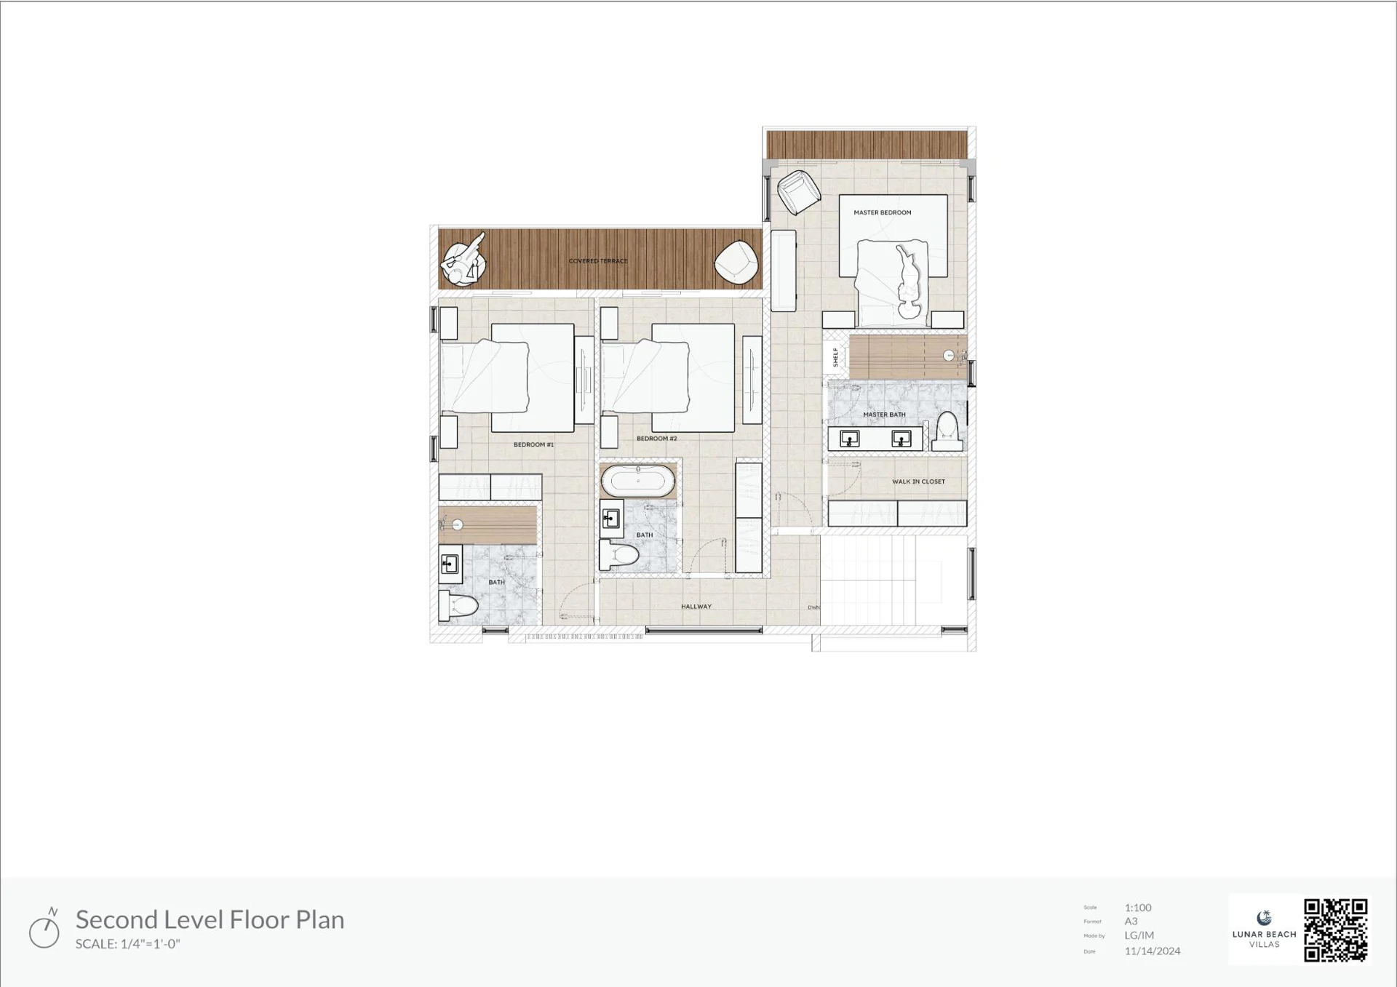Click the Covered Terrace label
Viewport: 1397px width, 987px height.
[x=597, y=261]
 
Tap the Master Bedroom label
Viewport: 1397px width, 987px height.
[x=882, y=213]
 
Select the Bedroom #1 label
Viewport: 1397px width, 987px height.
[x=533, y=445]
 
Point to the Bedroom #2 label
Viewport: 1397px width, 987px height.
[x=656, y=439]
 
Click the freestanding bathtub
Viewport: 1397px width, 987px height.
[x=638, y=481]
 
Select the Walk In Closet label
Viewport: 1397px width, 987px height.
[x=918, y=481]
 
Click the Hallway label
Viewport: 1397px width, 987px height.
[x=696, y=607]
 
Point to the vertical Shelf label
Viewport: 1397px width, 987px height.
[x=835, y=357]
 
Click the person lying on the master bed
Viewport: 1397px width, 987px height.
[x=907, y=281]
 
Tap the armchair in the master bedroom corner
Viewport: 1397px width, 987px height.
[x=797, y=191]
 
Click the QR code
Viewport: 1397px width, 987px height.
[x=1335, y=930]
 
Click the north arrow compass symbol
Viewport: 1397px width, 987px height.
[x=44, y=930]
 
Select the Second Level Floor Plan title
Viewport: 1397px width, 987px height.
[x=210, y=920]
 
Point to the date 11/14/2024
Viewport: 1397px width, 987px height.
[x=1152, y=951]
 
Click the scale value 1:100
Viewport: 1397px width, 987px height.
[x=1138, y=908]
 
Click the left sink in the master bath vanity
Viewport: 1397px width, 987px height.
[x=849, y=439]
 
